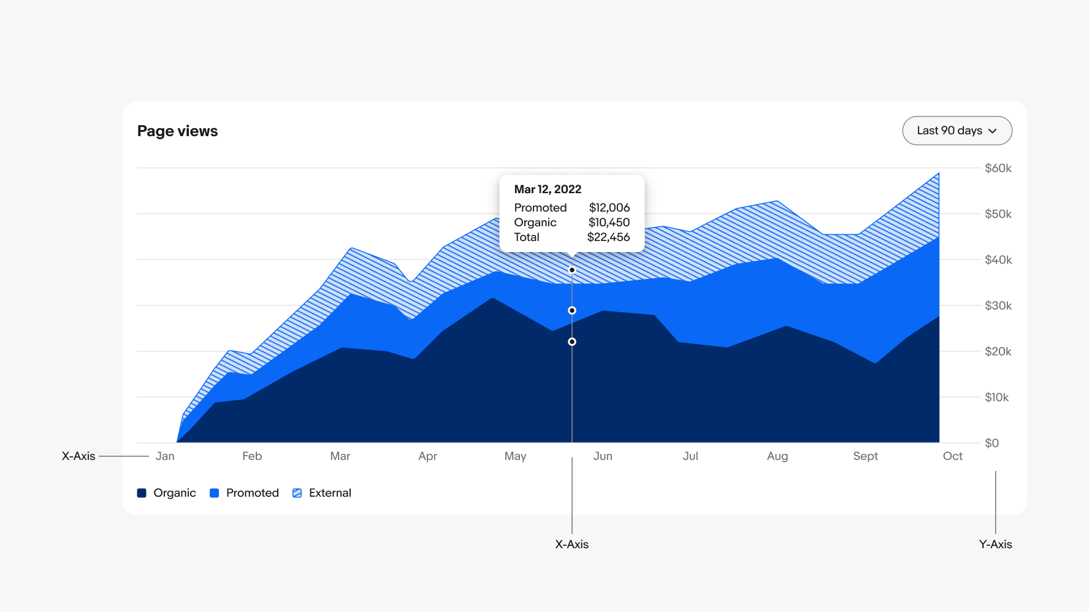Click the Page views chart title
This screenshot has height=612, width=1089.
[x=177, y=131]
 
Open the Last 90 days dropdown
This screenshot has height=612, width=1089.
[x=957, y=131]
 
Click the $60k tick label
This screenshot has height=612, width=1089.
[x=998, y=168]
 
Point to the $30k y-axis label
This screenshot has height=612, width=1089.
[x=998, y=305]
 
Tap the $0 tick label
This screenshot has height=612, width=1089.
[x=992, y=443]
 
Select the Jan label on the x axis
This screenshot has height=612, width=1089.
[x=165, y=456]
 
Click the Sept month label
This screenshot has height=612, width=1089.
[x=865, y=456]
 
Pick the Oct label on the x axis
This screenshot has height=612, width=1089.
[x=952, y=456]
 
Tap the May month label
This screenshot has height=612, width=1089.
[x=515, y=456]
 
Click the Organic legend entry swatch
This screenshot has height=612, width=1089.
[x=142, y=493]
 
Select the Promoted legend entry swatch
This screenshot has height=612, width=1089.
[x=215, y=493]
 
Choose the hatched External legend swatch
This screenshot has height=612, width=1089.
[x=297, y=493]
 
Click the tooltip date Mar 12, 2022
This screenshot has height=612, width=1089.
[x=548, y=189]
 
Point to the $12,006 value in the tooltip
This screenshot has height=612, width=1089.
[x=609, y=208]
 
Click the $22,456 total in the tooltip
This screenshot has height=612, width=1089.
[x=608, y=237]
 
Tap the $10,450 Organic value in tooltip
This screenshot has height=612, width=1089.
[x=609, y=223]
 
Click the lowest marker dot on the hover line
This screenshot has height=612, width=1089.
[x=572, y=342]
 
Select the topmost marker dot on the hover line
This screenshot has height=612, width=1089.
[x=572, y=270]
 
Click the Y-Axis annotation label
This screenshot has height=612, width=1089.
[x=995, y=545]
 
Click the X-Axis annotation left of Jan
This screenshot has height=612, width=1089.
[x=78, y=456]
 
